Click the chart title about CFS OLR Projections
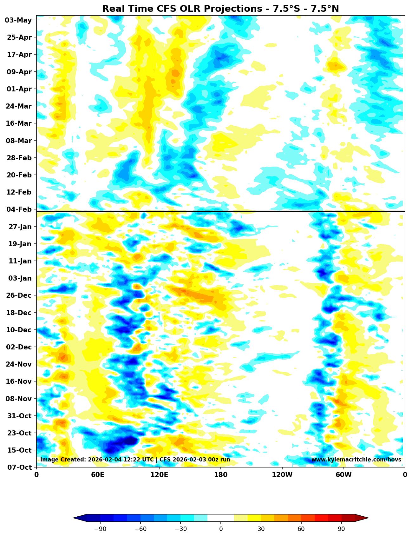point(220,9)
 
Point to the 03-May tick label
point(18,20)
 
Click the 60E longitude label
point(98,475)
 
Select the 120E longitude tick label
point(159,475)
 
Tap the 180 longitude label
point(220,475)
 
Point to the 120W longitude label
point(282,475)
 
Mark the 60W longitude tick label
point(343,475)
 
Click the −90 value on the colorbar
point(100,529)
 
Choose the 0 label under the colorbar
point(221,529)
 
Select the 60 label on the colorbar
point(301,529)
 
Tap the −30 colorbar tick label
point(180,529)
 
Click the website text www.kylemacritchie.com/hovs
point(356,460)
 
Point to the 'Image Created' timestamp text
point(135,460)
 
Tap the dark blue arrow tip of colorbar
point(79,518)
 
